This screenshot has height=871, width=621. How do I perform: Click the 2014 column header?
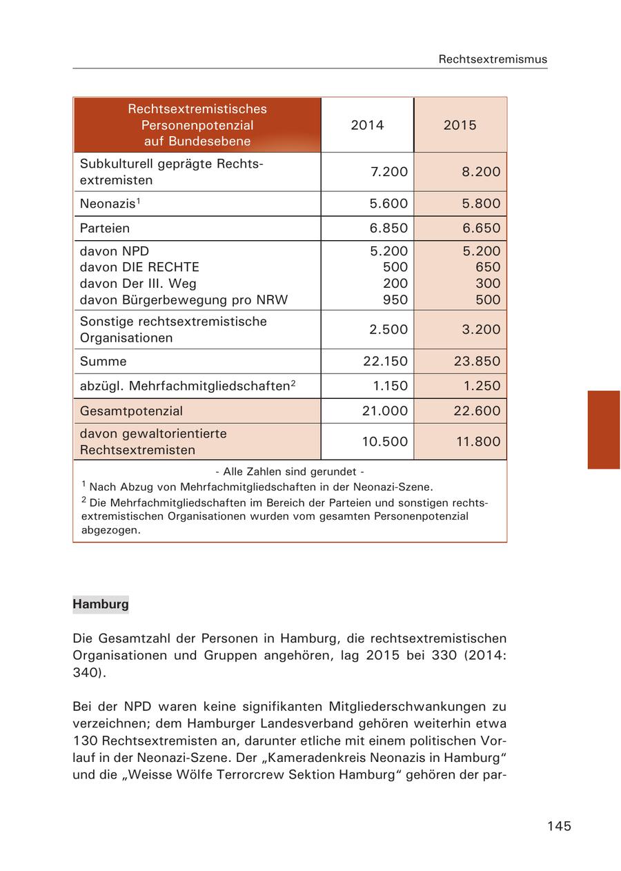click(367, 125)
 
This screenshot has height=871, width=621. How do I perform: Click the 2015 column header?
click(460, 125)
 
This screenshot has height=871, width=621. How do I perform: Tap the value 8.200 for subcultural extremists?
click(481, 172)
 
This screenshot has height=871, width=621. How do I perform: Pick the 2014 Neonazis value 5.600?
click(388, 204)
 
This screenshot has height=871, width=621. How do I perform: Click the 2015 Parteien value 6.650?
click(481, 228)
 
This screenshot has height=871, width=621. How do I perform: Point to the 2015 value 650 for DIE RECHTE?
click(488, 267)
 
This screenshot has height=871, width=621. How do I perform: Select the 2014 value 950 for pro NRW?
click(395, 300)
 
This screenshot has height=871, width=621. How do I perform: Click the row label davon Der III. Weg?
click(138, 284)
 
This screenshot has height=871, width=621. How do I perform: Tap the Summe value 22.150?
click(385, 361)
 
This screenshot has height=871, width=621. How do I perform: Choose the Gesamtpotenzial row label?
click(131, 411)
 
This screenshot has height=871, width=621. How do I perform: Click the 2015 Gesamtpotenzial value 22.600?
click(477, 411)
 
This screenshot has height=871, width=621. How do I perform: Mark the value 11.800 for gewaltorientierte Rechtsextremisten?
click(477, 442)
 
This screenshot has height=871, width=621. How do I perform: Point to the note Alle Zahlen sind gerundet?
click(290, 472)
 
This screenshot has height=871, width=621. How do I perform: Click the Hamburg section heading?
click(101, 604)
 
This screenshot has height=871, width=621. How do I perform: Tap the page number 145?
click(559, 826)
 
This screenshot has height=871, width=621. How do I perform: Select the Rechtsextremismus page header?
click(493, 59)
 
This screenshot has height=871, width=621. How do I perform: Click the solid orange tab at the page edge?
click(603, 429)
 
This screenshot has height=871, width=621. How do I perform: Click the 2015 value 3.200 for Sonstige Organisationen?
click(481, 329)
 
